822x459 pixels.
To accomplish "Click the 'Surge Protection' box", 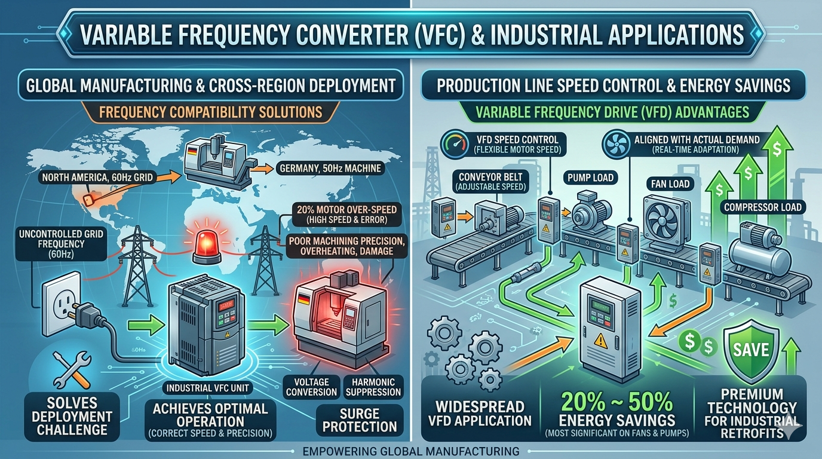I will [360, 420].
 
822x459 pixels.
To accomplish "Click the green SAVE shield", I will [751, 349].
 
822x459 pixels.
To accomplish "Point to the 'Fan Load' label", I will [671, 184].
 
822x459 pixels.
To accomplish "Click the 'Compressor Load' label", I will [763, 207].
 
